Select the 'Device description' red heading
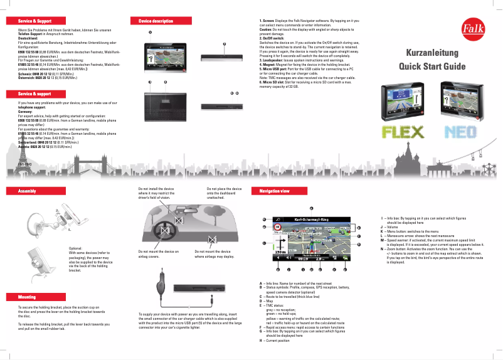pos(155,21)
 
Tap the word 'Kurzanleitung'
pos(432,53)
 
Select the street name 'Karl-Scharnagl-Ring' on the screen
pos(312,220)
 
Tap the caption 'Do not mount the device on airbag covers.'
pos(159,254)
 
